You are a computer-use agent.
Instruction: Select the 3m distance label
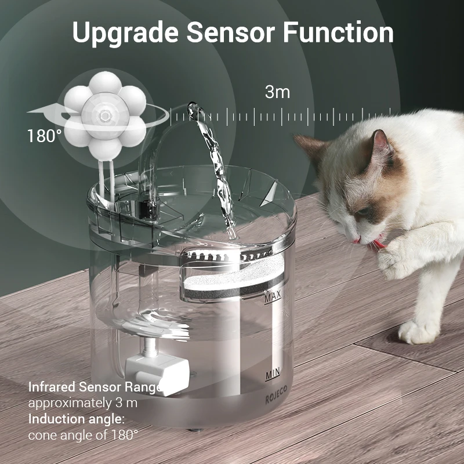coord(277,92)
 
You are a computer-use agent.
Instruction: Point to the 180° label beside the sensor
coord(44,137)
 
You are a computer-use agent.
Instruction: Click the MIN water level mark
coord(273,374)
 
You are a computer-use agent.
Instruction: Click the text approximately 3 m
coord(82,403)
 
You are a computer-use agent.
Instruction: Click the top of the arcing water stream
coord(193,108)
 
